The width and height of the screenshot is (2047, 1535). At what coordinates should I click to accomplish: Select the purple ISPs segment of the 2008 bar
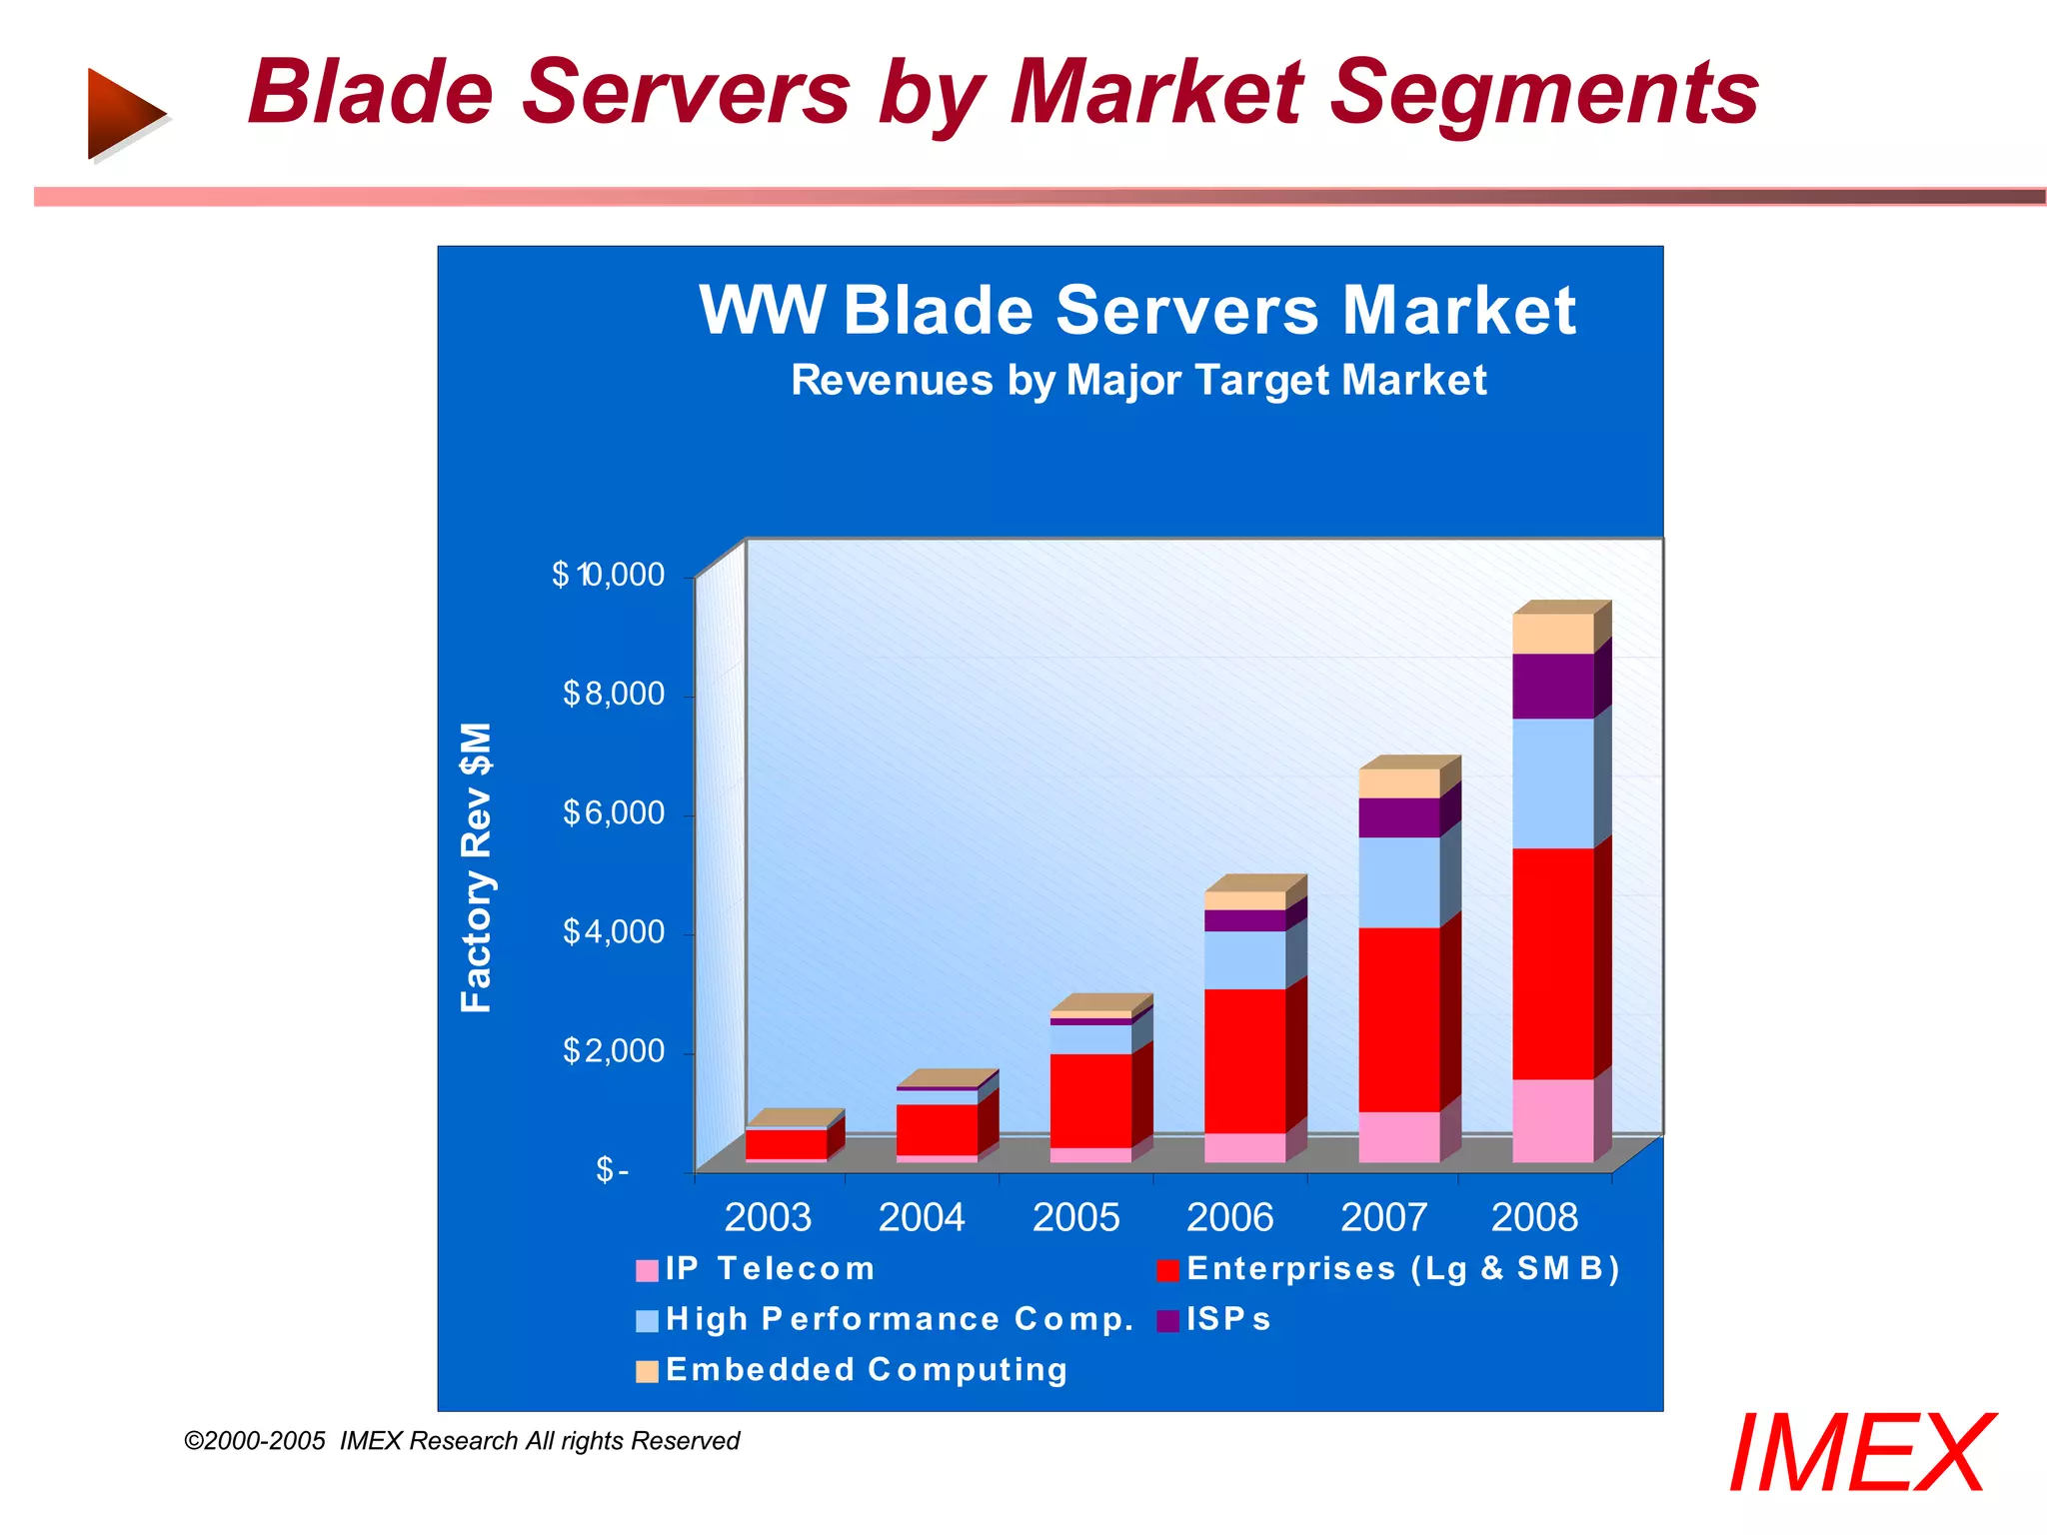1552,686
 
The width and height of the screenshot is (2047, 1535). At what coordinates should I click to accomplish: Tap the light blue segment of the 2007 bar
1398,881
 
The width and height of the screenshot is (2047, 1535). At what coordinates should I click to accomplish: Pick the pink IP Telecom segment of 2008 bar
1552,1120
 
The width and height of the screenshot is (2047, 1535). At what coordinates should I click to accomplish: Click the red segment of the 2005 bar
1090,1099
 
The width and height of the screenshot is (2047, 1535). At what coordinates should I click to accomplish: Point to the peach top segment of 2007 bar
1398,782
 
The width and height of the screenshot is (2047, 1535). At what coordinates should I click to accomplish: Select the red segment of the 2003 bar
786,1143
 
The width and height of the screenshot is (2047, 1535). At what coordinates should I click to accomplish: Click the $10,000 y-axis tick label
608,575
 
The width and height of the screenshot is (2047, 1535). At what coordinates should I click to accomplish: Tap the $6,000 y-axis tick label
613,812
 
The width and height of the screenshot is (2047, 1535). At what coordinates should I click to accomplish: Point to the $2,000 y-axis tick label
613,1050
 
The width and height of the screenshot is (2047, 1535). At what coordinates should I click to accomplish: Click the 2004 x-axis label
921,1217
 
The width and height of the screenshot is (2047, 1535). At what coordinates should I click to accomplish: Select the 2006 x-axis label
1229,1217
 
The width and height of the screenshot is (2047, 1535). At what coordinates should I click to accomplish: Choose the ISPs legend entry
1214,1320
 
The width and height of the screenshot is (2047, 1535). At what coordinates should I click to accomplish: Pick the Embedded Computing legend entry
852,1370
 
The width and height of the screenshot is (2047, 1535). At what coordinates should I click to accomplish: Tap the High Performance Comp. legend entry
885,1320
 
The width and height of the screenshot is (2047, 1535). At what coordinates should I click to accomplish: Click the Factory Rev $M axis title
477,867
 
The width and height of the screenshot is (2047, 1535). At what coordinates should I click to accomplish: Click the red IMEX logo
1859,1454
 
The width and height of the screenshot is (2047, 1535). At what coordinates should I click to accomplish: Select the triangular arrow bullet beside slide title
124,113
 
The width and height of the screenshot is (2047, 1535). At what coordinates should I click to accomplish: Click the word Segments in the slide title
1543,93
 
